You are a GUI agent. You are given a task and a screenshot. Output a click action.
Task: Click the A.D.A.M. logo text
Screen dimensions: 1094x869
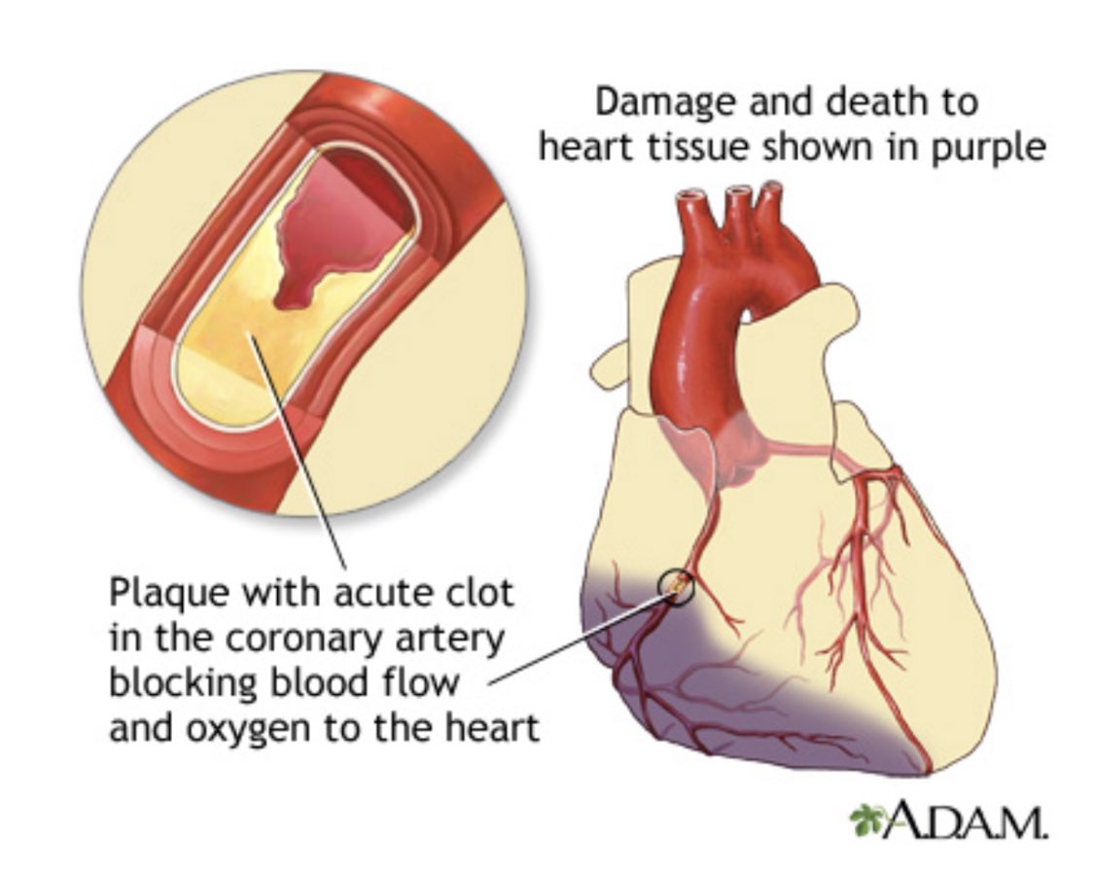[x=963, y=821]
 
